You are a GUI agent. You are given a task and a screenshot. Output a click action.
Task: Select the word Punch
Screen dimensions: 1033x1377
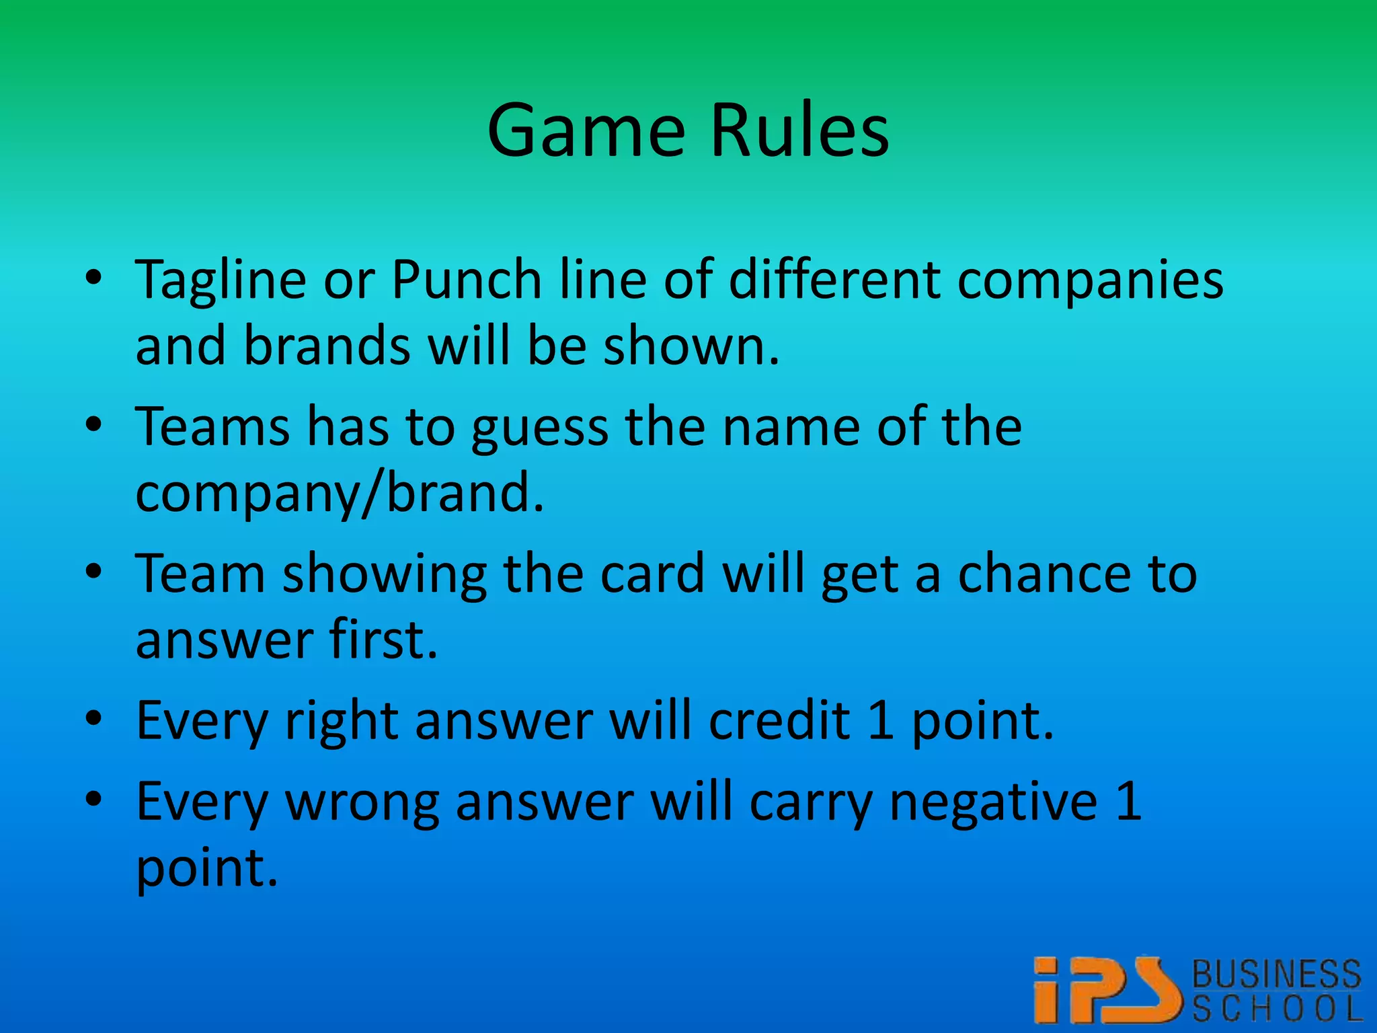click(x=467, y=279)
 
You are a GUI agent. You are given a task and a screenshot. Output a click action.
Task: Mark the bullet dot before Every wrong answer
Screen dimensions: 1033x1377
click(x=94, y=799)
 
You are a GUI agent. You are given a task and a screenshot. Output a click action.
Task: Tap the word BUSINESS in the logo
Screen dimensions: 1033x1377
click(x=1276, y=974)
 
